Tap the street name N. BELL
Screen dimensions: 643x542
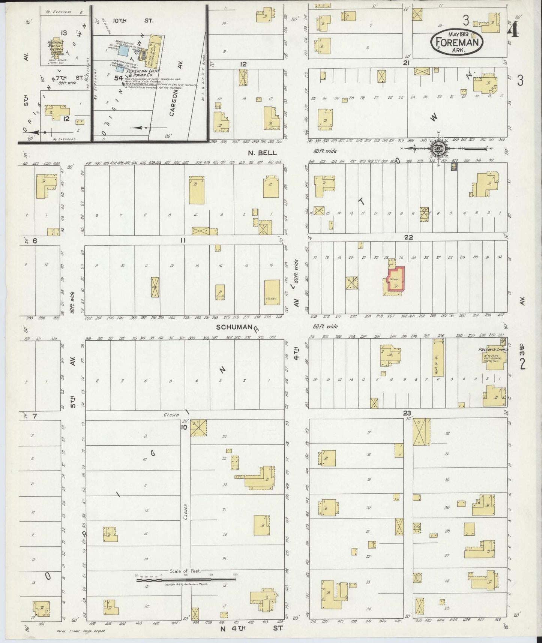tap(263, 153)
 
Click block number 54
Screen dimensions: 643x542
tap(119, 78)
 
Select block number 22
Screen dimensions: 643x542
tap(408, 237)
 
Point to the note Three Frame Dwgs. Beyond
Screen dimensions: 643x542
tap(81, 631)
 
